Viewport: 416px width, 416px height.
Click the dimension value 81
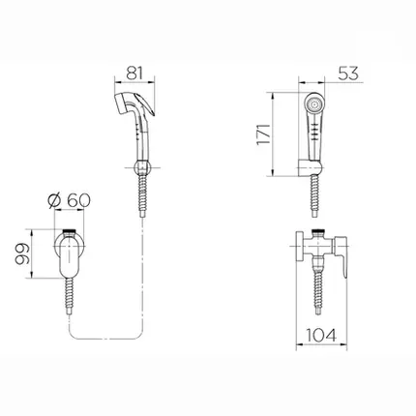click(x=134, y=73)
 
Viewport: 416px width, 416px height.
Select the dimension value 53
click(x=348, y=74)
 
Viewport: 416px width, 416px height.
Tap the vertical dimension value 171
click(x=263, y=134)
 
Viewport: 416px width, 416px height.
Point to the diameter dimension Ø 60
click(x=69, y=200)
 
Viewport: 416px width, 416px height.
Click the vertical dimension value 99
click(x=22, y=254)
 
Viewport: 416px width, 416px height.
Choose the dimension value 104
click(x=321, y=335)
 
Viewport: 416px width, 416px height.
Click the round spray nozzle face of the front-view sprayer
click(x=313, y=104)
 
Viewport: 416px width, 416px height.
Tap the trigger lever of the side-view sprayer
click(x=146, y=104)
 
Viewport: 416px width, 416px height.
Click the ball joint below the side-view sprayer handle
click(x=141, y=167)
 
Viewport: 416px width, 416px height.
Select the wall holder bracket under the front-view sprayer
click(x=310, y=168)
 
